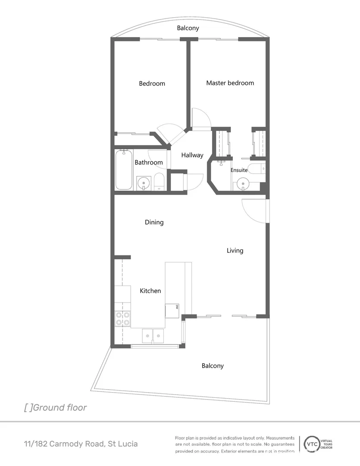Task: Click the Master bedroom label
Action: point(230,83)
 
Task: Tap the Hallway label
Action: point(192,155)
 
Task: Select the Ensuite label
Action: point(239,170)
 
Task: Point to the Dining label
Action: point(154,222)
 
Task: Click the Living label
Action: point(235,250)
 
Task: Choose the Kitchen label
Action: point(150,291)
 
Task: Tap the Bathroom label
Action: point(148,163)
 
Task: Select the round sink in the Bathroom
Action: point(143,183)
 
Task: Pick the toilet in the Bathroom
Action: point(159,182)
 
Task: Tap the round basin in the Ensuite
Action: point(243,185)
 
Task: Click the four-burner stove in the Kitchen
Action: point(122,318)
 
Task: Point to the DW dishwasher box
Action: point(172,310)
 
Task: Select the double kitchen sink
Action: point(153,335)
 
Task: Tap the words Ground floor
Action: point(59,407)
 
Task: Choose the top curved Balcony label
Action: point(188,28)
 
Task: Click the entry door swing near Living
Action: point(254,211)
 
